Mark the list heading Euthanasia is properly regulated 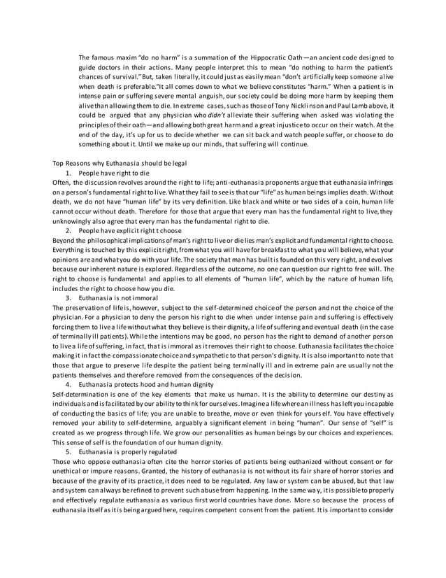point(124,453)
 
